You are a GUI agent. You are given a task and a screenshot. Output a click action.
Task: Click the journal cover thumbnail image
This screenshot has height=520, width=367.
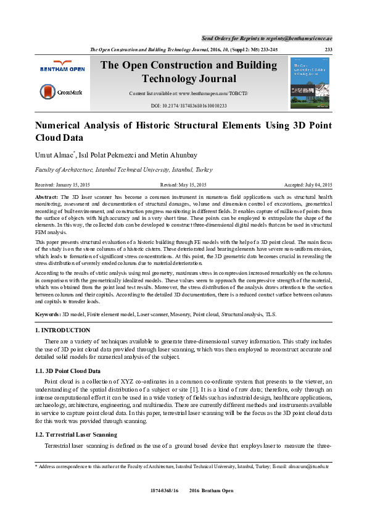pos(309,83)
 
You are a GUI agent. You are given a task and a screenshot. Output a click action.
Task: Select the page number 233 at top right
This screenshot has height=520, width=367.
pos(329,49)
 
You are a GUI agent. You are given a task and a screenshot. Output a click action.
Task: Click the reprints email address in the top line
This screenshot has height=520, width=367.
pos(294,38)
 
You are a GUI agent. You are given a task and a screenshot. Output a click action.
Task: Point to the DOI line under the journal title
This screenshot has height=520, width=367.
pos(189,106)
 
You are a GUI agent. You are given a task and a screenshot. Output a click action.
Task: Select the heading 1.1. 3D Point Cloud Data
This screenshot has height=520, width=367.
pos(68,371)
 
